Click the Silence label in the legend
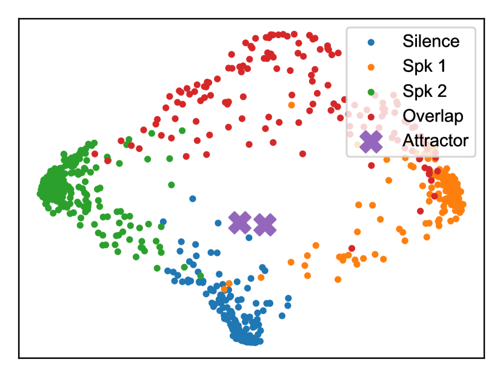coord(431,42)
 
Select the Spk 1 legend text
coord(422,67)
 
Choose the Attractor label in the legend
coord(435,140)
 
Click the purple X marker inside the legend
coord(371,141)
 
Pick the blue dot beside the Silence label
coord(371,42)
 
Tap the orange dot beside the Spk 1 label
coord(371,67)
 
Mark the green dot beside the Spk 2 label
coord(371,91)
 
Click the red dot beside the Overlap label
coord(371,116)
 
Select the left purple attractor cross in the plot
coord(240,223)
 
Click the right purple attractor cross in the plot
coord(265,225)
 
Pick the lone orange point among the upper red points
coord(291,105)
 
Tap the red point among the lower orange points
coord(352,248)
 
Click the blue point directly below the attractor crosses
coord(249,238)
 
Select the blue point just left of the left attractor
coord(218,223)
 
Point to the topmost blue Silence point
coord(193,198)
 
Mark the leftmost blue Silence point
coord(163,221)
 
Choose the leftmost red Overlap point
coord(95,154)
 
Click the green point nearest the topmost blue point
coord(172,185)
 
